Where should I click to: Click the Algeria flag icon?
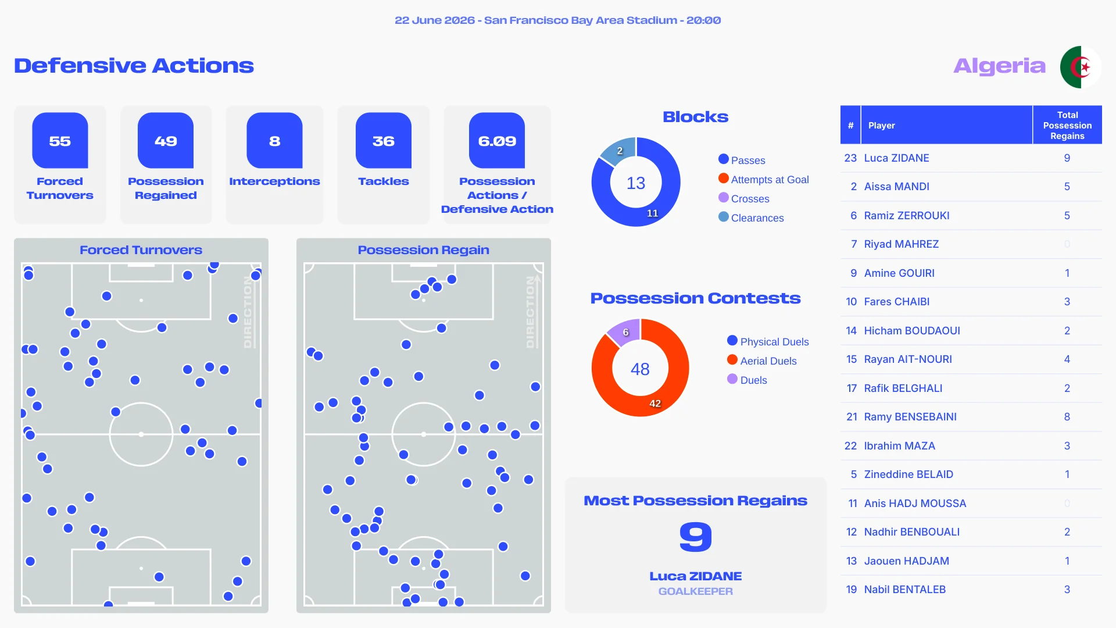tap(1081, 67)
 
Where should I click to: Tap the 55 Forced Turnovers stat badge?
tap(60, 141)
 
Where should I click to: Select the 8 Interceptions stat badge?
tap(274, 141)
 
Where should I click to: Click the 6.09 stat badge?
tap(497, 141)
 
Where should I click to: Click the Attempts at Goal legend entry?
tap(764, 179)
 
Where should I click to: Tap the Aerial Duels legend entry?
tap(762, 361)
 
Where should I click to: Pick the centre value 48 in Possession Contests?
tap(640, 369)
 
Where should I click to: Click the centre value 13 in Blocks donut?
tap(636, 183)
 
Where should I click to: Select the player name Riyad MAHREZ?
tap(901, 244)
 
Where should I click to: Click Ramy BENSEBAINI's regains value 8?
tap(1067, 417)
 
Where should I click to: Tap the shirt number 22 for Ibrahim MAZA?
tap(850, 446)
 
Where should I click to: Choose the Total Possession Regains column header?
tap(1067, 125)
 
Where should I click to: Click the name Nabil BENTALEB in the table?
tap(905, 590)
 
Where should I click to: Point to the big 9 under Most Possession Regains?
tap(696, 536)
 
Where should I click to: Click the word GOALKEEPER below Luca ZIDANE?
tap(696, 591)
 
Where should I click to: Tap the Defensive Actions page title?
tap(134, 66)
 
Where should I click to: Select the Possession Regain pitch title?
tap(423, 250)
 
